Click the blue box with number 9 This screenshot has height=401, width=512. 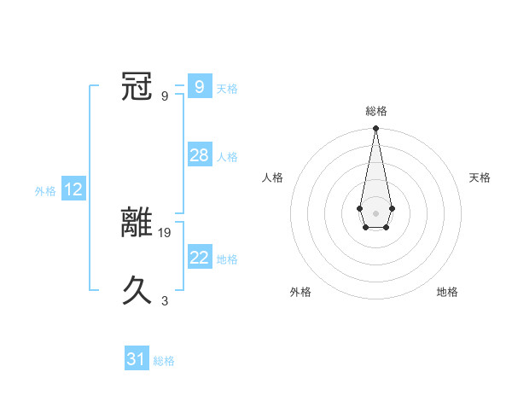tap(199, 86)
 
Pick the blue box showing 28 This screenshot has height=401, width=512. tap(199, 155)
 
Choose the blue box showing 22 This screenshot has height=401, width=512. tap(199, 258)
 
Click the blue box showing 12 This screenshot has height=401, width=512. tap(73, 189)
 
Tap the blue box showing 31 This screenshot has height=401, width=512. tap(137, 359)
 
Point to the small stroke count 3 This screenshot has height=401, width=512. tap(165, 300)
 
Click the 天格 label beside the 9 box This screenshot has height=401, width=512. tap(227, 88)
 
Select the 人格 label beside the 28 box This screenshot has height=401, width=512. tap(227, 157)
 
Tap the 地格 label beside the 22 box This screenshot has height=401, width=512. tap(227, 259)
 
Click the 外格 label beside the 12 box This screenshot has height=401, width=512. tap(45, 191)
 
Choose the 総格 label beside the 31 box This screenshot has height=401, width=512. tap(164, 361)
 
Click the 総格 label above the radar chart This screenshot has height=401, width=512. tap(375, 111)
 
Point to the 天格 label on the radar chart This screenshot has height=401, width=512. tap(480, 177)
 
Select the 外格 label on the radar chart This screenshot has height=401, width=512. tap(300, 292)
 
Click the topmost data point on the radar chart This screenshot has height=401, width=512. tap(375, 129)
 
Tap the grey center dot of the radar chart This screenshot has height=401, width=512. tap(375, 212)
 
